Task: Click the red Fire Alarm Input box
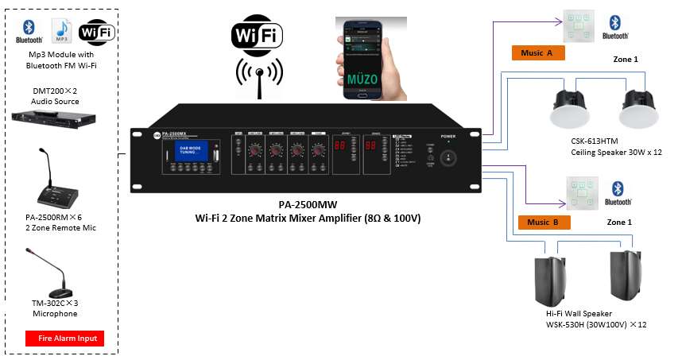click(65, 339)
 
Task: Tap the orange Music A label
click(537, 53)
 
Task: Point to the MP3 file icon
click(62, 31)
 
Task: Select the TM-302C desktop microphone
click(56, 279)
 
